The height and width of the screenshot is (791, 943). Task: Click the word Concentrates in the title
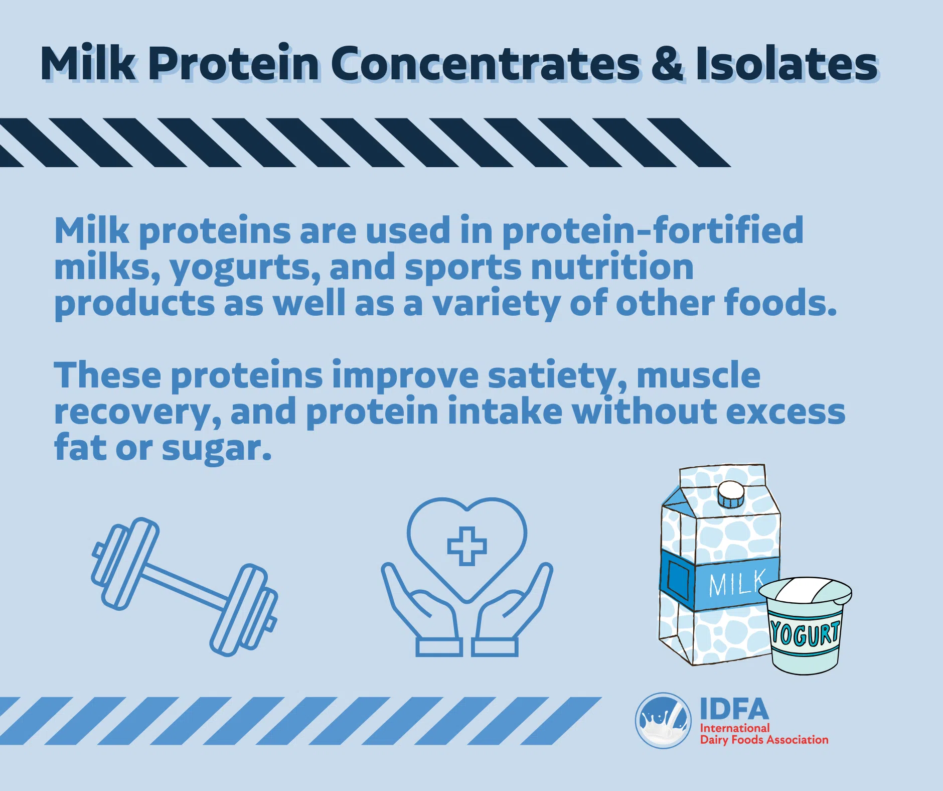(485, 63)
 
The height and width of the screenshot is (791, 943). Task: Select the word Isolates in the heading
(786, 63)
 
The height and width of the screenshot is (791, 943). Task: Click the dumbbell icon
(184, 587)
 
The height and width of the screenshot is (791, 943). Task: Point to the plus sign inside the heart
(466, 546)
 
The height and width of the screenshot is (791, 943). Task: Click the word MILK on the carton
(737, 583)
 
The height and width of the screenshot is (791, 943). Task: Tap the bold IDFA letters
(734, 709)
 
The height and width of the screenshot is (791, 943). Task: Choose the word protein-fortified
(653, 231)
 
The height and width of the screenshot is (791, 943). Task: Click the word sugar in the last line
(216, 449)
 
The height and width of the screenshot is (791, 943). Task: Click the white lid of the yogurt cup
(805, 591)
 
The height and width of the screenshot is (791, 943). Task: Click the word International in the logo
(734, 728)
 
